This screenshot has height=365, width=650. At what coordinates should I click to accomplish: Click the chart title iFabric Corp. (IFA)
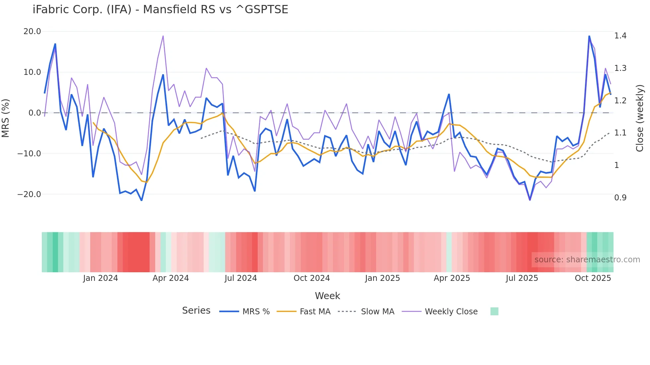(160, 10)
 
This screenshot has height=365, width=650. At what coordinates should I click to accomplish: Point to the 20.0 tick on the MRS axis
(32, 31)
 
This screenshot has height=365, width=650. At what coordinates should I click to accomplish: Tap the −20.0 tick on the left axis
(29, 194)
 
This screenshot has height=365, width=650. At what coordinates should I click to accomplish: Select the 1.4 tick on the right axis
(620, 36)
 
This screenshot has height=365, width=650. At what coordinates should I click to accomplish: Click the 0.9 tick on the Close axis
(620, 198)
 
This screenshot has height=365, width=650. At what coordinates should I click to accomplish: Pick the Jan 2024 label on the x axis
(100, 278)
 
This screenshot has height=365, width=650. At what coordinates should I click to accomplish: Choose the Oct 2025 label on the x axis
(593, 278)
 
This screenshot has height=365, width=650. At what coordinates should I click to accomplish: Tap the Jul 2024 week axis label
(241, 278)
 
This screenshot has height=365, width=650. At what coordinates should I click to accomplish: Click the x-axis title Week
(327, 296)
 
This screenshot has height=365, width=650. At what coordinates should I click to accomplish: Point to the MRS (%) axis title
(6, 118)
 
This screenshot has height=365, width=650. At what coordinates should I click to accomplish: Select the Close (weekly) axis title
(640, 118)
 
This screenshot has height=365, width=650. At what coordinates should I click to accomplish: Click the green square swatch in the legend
(494, 311)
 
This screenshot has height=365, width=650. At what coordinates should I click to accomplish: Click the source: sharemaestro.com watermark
(587, 260)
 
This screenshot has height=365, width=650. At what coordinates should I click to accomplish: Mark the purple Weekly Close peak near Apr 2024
(163, 36)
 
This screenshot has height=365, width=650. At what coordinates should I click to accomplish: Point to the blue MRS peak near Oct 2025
(589, 36)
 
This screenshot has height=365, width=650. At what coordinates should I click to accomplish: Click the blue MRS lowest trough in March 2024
(142, 200)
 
